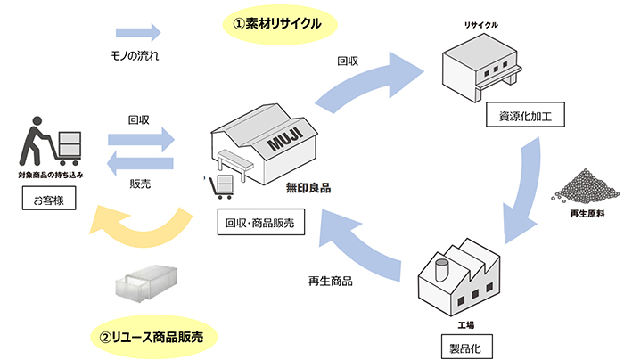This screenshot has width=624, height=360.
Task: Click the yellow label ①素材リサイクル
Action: click(x=277, y=21)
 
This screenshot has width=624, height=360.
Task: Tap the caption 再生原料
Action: click(x=582, y=216)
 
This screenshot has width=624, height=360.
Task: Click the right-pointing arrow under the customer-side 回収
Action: click(x=141, y=138)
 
